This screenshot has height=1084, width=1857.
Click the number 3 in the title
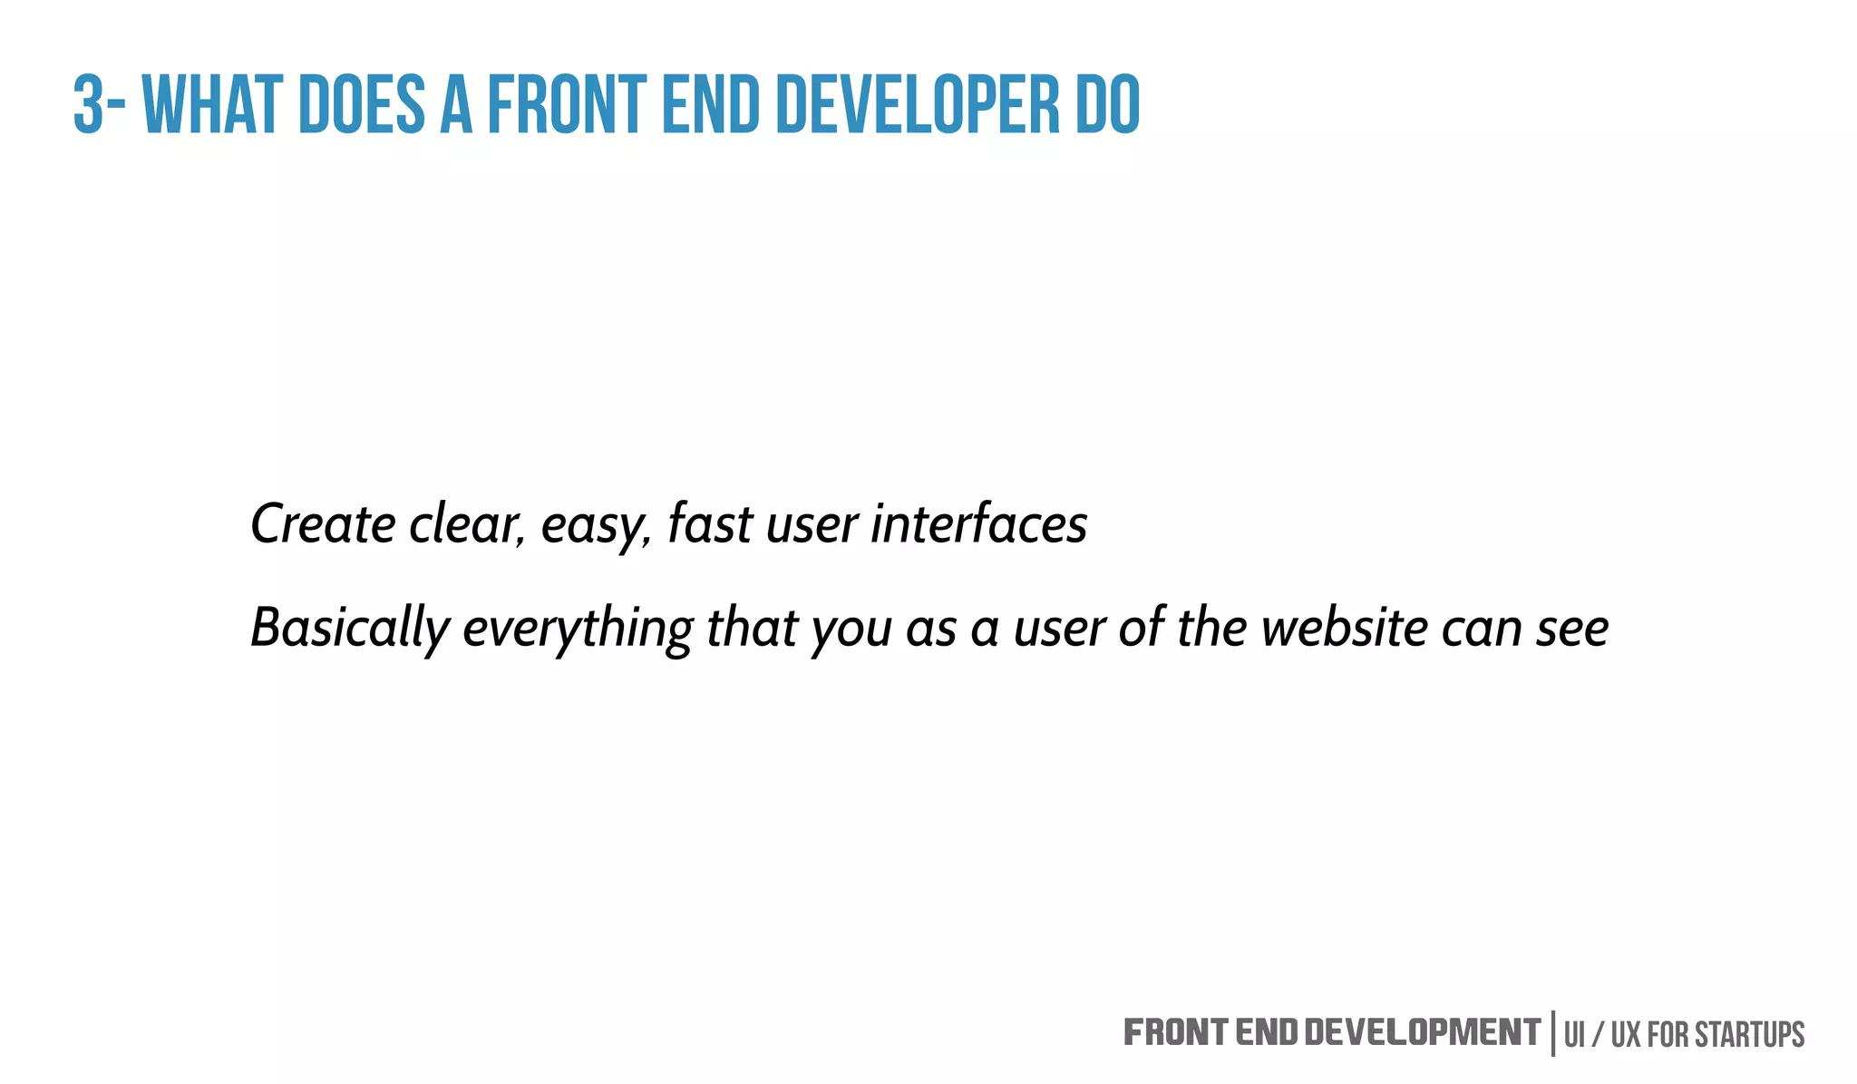[88, 105]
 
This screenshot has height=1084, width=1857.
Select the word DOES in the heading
[361, 105]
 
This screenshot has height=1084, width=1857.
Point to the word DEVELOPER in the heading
[916, 105]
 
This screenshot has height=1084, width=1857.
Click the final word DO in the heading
[1107, 105]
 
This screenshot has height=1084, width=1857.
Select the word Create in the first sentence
[323, 524]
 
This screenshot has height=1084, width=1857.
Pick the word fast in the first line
[710, 524]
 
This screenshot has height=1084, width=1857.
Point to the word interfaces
[978, 524]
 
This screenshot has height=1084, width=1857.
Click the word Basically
[350, 628]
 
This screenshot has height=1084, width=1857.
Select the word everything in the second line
[578, 628]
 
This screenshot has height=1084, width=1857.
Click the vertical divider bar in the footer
[1553, 1034]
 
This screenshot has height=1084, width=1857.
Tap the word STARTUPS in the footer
[1749, 1035]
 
